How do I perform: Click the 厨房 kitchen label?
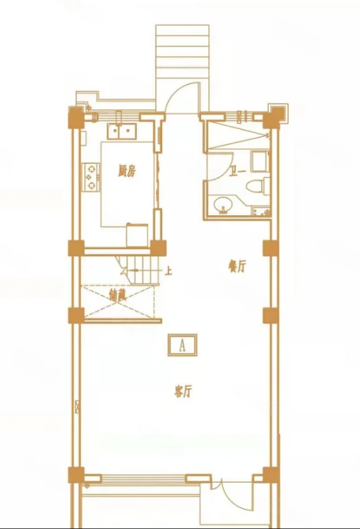point(127,172)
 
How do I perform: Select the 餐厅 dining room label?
point(236,267)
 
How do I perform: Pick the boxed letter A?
point(181,343)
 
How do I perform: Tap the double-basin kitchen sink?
point(121,132)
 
